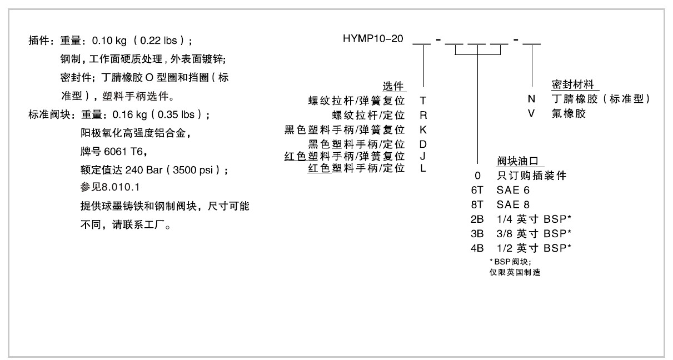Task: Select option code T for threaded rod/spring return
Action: [423, 101]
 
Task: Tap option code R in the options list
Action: [423, 116]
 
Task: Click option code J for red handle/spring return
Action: [423, 156]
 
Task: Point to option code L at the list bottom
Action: [423, 168]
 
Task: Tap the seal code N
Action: [531, 99]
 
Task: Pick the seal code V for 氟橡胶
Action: [531, 113]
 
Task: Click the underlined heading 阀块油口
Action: [518, 162]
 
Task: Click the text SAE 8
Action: [514, 204]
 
